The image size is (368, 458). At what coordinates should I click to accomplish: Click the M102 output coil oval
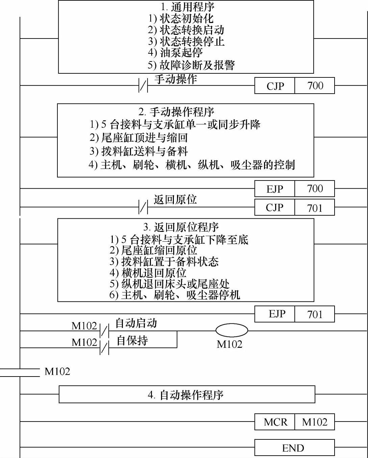click(232, 330)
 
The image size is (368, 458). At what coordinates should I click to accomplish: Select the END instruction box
click(294, 448)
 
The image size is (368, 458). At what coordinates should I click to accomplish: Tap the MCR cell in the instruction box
click(275, 422)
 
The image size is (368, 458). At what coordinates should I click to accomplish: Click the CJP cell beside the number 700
click(275, 86)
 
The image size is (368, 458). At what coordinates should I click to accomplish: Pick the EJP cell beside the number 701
click(275, 314)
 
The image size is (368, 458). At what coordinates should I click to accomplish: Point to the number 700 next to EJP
click(315, 189)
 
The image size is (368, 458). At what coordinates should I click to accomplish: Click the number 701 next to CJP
click(315, 208)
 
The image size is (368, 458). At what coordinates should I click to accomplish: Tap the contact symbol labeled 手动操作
click(143, 86)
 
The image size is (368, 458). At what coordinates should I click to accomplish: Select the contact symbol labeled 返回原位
click(143, 207)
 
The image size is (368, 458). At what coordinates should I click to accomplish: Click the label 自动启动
click(136, 323)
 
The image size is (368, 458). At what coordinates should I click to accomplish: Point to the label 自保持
click(132, 340)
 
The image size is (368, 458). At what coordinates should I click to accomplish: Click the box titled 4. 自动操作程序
click(187, 394)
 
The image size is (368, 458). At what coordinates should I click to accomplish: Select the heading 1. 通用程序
click(187, 7)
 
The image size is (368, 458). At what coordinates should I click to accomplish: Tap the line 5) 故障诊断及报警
click(191, 65)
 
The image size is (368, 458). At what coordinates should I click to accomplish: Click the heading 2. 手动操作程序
click(176, 112)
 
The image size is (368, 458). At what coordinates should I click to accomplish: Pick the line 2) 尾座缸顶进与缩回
click(138, 138)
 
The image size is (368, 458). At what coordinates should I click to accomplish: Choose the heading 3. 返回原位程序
click(181, 227)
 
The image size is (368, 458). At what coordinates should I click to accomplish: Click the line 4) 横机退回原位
click(148, 273)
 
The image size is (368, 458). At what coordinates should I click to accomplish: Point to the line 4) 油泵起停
click(175, 52)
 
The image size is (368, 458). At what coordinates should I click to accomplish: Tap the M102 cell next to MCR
click(315, 422)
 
